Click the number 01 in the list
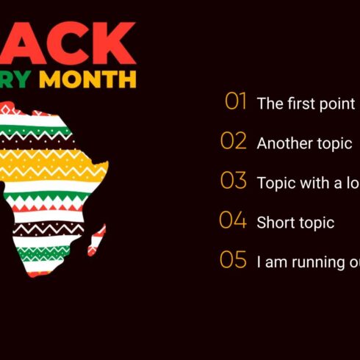point(236,102)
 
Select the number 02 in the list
point(234,141)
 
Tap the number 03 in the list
point(234,181)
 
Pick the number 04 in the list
point(233,220)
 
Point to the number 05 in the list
point(233,260)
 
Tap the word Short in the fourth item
point(274,223)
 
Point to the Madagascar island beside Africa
point(97,240)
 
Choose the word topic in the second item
point(334,144)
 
